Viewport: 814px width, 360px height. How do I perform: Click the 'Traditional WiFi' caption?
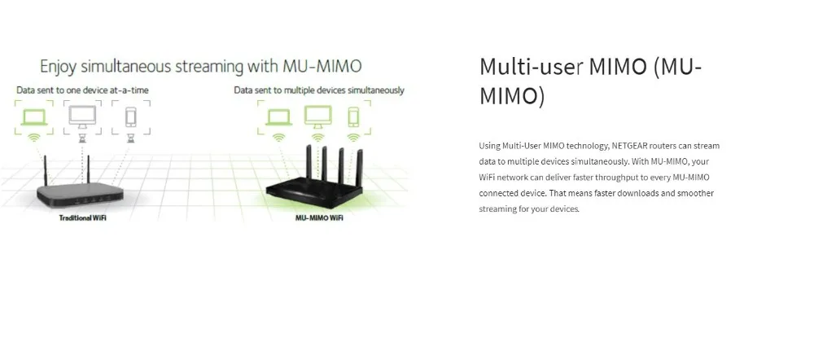[82, 217]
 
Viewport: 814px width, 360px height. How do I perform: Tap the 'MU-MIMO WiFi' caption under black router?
[319, 217]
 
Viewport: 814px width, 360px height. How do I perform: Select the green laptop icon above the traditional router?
[34, 116]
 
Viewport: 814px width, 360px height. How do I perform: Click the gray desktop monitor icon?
[82, 116]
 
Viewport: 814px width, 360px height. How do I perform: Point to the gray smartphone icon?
[131, 117]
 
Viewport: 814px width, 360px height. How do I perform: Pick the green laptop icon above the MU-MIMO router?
[278, 116]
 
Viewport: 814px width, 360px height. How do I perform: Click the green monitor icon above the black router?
[317, 116]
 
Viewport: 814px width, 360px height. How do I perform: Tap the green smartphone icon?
[353, 117]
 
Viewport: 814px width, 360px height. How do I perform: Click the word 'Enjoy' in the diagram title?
[59, 68]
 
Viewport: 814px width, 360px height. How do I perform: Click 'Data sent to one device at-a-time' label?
[82, 90]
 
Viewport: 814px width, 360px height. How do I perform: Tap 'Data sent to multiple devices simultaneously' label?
[319, 90]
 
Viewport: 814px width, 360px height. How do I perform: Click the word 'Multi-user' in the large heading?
[528, 67]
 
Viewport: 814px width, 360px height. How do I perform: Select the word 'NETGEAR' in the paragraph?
[630, 146]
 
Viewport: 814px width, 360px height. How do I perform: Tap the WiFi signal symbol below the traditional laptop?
[34, 138]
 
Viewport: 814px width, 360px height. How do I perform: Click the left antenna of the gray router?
[46, 170]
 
